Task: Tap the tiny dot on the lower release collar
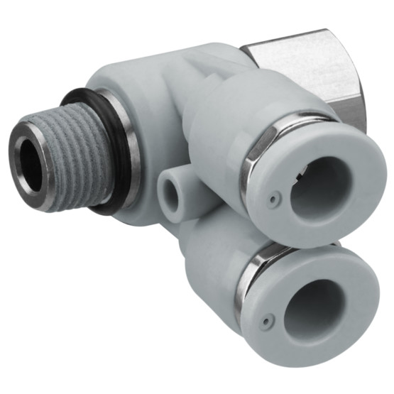coord(266,322)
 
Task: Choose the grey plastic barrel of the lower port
coord(209,270)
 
